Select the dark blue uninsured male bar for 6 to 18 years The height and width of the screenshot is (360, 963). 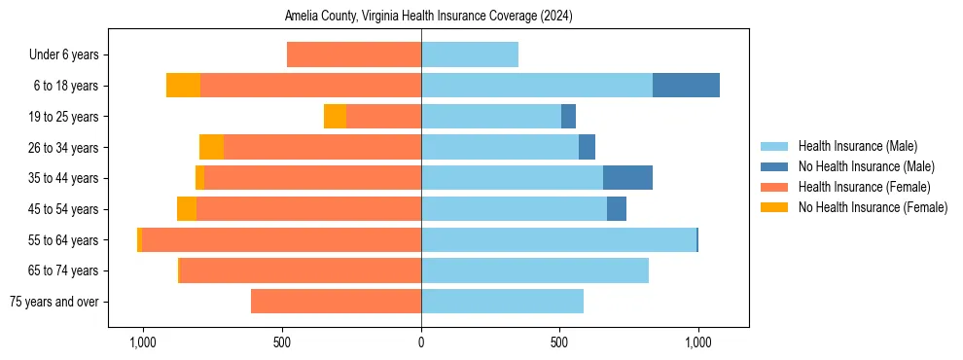(686, 86)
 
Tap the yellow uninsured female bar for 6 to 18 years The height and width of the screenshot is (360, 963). (183, 86)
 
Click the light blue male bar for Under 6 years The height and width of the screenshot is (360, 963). (470, 54)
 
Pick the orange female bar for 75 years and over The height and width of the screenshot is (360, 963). (336, 302)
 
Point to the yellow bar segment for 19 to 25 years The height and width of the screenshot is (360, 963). (335, 117)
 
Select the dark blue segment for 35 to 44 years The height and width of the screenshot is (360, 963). (627, 178)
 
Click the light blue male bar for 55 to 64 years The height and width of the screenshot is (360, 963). (558, 239)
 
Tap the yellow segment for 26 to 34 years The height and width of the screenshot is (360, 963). (211, 147)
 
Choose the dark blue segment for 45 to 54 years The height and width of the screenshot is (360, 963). (617, 209)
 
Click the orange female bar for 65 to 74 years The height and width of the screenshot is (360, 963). (301, 270)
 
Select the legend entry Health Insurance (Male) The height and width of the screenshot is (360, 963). (857, 146)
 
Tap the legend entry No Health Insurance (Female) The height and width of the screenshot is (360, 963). (873, 207)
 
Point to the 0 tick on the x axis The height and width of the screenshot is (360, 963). (421, 343)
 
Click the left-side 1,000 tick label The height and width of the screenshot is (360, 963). (143, 343)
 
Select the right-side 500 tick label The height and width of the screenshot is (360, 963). (559, 343)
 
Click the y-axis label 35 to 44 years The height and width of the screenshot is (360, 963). (63, 178)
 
